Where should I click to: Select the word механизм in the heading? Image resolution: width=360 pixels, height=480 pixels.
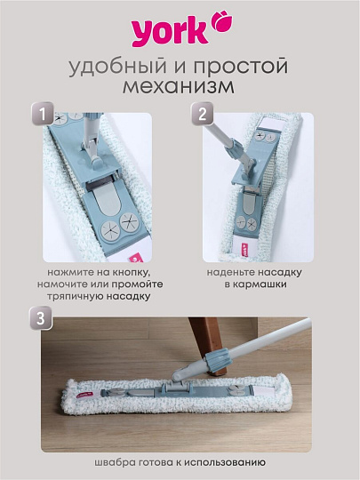180,89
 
